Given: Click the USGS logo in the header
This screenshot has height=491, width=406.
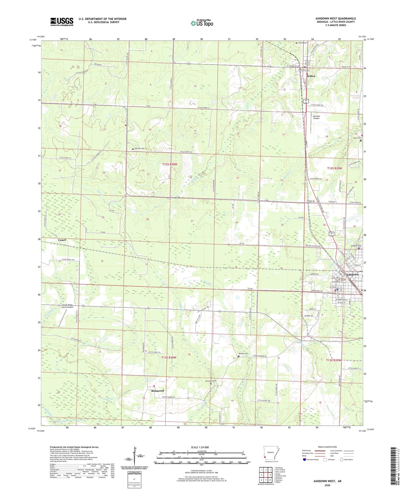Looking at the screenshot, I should coord(62,22).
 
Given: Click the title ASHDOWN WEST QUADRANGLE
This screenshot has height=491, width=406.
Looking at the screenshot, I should coord(335,19).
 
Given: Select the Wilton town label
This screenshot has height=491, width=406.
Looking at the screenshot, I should coord(311,76).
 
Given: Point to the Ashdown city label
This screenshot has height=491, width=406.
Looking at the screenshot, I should coord(352,274).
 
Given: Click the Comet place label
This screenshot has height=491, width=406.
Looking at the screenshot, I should coord(62,240).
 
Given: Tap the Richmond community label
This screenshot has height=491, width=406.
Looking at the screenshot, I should coord(157,391).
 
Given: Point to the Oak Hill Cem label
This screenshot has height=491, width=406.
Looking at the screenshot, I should coord(139,148).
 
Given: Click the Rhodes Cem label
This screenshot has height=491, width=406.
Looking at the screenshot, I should coord(243,354).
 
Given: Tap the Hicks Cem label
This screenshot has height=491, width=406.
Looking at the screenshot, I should coord(357,138).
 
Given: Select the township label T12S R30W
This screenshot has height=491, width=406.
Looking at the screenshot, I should coord(170,164).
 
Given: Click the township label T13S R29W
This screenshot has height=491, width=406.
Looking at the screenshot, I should coord(334,360).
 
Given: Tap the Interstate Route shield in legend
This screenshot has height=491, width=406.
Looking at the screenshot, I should coord(305,460).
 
